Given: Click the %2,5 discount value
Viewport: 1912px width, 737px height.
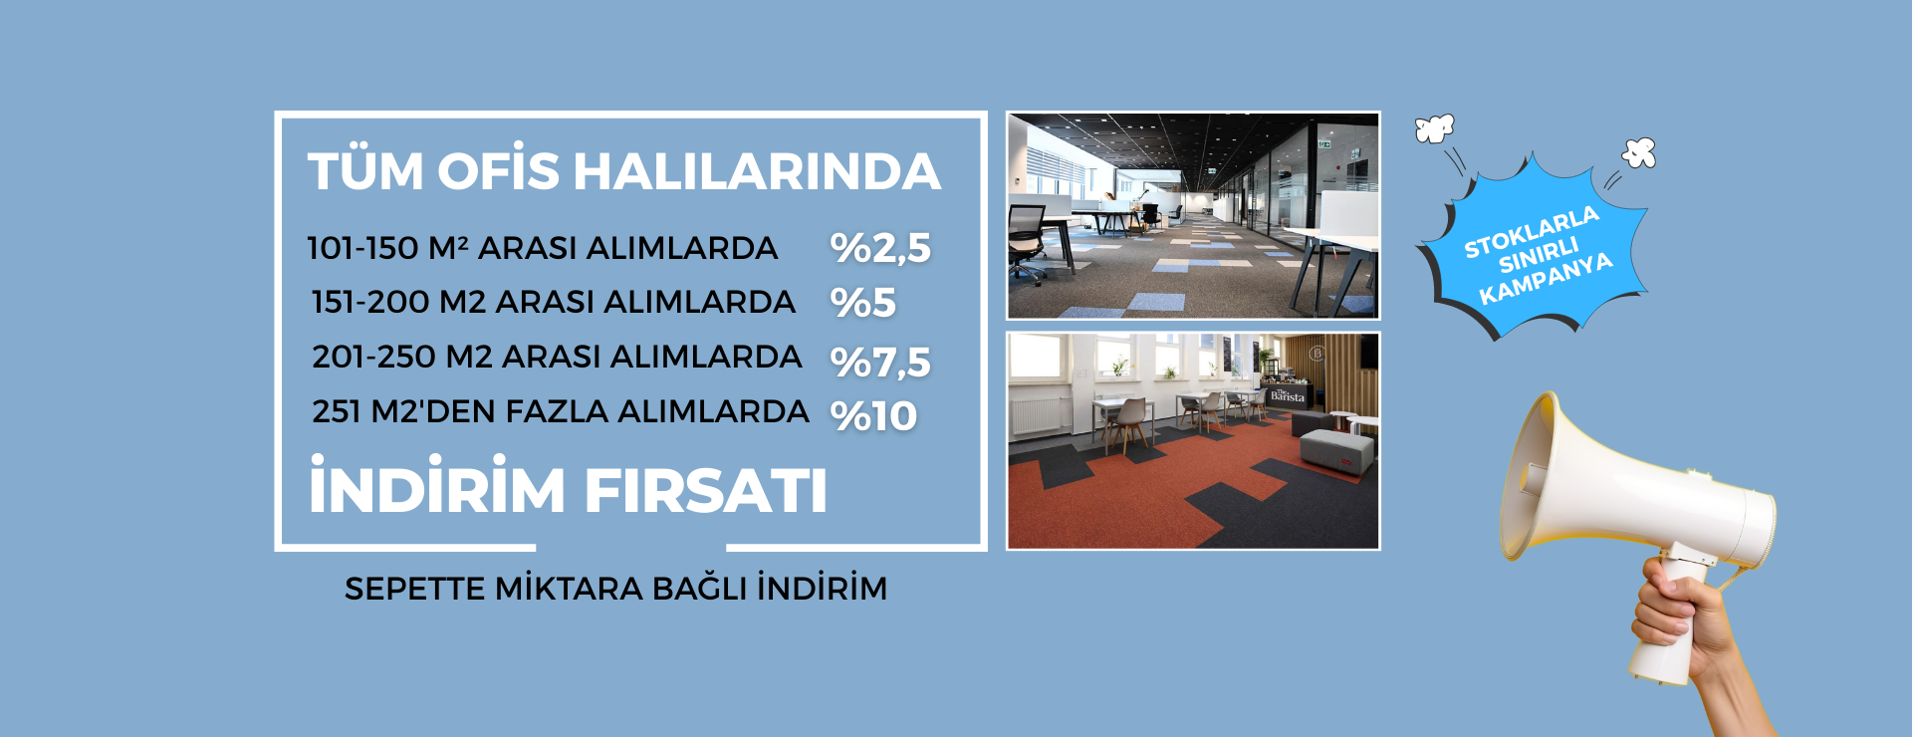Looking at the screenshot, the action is tap(880, 248).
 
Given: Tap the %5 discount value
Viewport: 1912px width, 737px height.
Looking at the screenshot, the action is tap(863, 303).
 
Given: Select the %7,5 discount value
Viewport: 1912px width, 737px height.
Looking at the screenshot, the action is tap(880, 363).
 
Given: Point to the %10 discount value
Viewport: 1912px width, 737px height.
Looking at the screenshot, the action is tap(874, 416).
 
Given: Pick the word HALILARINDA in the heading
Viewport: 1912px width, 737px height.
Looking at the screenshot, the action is tap(757, 171).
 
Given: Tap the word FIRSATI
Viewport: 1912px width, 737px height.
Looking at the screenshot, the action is tap(705, 491).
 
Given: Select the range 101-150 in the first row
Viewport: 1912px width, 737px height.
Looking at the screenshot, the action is tap(362, 248).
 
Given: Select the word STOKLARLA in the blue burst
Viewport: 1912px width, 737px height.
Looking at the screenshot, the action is tap(1532, 232).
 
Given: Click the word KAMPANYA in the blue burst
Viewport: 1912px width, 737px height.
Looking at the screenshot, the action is tap(1546, 279).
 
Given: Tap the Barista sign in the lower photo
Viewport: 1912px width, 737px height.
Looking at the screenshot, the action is tap(1287, 395).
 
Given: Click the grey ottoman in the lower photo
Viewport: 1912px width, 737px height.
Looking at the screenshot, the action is tap(1336, 450).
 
